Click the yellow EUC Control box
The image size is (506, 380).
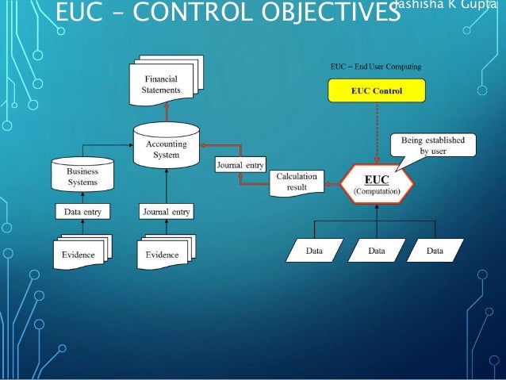coord(376,91)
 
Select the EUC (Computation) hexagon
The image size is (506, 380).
coord(377,185)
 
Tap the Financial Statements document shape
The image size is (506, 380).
coord(162,84)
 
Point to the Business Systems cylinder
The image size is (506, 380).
coord(82,175)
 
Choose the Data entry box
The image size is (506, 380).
coord(82,212)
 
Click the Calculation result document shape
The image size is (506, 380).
coord(297,181)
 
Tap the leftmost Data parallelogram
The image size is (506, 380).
coord(314,251)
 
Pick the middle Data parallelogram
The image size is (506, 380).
coord(376,251)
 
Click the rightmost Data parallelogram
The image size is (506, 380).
coord(435,251)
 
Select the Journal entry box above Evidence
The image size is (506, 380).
coord(166,212)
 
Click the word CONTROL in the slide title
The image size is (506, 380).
coord(191,15)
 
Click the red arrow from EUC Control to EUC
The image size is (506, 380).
coord(376,131)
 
